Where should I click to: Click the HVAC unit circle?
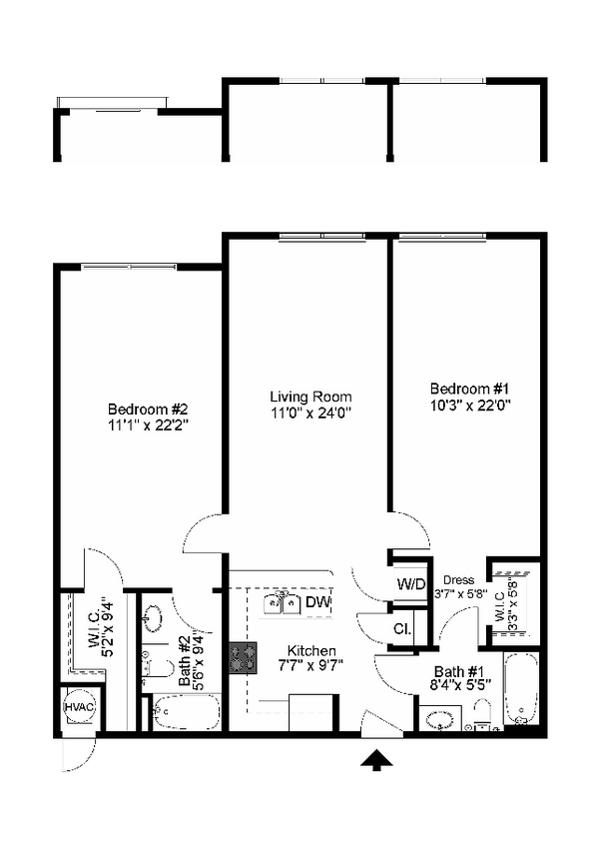pyautogui.click(x=79, y=707)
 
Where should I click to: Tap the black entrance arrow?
pyautogui.click(x=376, y=761)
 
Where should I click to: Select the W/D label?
pyautogui.click(x=411, y=584)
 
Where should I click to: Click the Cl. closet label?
pyautogui.click(x=401, y=628)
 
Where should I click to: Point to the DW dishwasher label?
pyautogui.click(x=318, y=601)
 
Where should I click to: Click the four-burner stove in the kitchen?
pyautogui.click(x=243, y=658)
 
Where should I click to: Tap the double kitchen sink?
pyautogui.click(x=282, y=603)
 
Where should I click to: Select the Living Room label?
pyautogui.click(x=310, y=397)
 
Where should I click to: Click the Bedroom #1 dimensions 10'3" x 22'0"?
pyautogui.click(x=469, y=405)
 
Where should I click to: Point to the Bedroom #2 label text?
pyautogui.click(x=148, y=410)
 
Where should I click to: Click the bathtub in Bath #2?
pyautogui.click(x=186, y=712)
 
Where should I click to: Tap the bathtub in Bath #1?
pyautogui.click(x=521, y=690)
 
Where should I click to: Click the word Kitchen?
pyautogui.click(x=311, y=650)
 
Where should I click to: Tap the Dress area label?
pyautogui.click(x=459, y=580)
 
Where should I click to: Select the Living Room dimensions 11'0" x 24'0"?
pyautogui.click(x=311, y=413)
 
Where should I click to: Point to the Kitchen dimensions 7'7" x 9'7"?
pyautogui.click(x=310, y=665)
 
